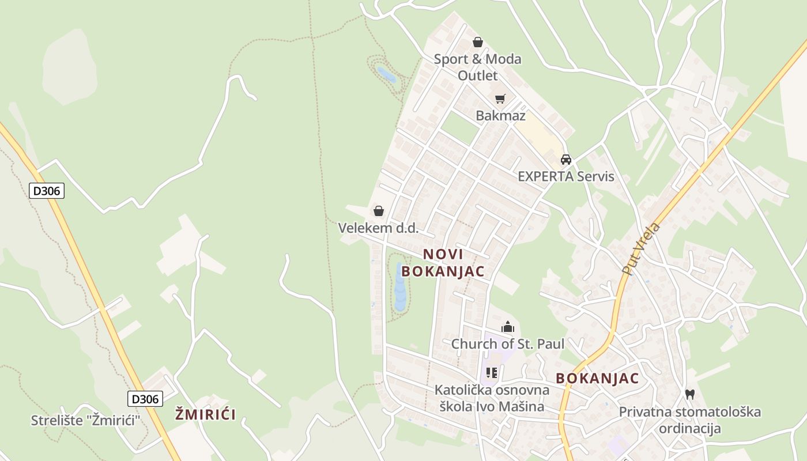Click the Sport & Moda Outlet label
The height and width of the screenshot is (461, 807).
pyautogui.click(x=477, y=67)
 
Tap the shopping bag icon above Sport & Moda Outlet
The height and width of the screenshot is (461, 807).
pyautogui.click(x=477, y=42)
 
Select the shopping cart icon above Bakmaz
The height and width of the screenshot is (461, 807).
pyautogui.click(x=500, y=99)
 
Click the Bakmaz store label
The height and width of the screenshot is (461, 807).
pyautogui.click(x=500, y=116)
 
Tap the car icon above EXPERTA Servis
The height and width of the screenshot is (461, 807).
pyautogui.click(x=566, y=160)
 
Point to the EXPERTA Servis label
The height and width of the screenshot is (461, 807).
pyautogui.click(x=566, y=176)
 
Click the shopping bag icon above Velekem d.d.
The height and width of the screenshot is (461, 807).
pyautogui.click(x=379, y=211)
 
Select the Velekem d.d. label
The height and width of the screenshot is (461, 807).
pyautogui.click(x=378, y=228)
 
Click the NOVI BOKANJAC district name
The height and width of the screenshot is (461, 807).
pyautogui.click(x=443, y=262)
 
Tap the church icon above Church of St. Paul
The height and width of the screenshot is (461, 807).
pyautogui.click(x=507, y=327)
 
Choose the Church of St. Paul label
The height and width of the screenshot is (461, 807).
pyautogui.click(x=507, y=344)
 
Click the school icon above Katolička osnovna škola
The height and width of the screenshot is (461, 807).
pyautogui.click(x=491, y=373)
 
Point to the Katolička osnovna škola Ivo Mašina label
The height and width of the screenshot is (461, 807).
pyautogui.click(x=492, y=398)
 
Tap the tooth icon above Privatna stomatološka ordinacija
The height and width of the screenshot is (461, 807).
pyautogui.click(x=689, y=395)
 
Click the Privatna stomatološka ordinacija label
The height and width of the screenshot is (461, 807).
pyautogui.click(x=690, y=420)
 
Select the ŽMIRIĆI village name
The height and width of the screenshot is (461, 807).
pyautogui.click(x=206, y=414)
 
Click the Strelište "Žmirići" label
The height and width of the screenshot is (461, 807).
pyautogui.click(x=86, y=420)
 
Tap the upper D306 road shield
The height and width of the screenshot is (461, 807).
pyautogui.click(x=47, y=191)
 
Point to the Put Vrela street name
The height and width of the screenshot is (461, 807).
pyautogui.click(x=641, y=248)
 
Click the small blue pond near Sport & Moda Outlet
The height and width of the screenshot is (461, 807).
pyautogui.click(x=385, y=74)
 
